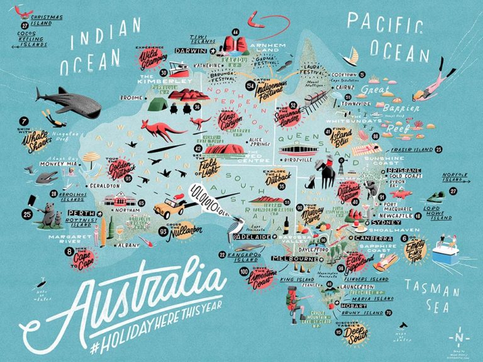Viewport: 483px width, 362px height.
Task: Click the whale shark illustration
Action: click(x=69, y=102)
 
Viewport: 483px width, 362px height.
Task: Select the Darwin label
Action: click(x=191, y=51)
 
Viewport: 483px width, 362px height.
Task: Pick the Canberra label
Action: click(x=369, y=239)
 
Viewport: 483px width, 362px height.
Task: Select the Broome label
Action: click(x=131, y=98)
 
